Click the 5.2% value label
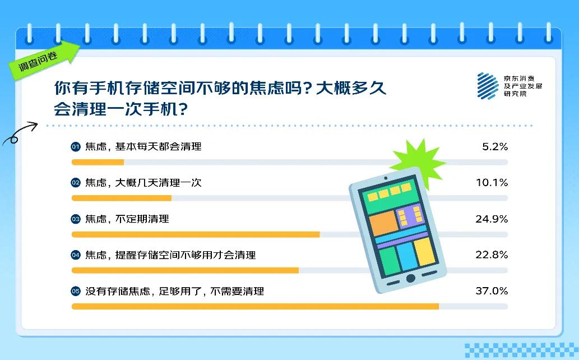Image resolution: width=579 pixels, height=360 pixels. (x=495, y=147)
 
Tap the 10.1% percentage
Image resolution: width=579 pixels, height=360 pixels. (x=492, y=183)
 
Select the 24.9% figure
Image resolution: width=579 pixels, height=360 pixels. (x=492, y=219)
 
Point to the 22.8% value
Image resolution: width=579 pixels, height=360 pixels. (x=492, y=255)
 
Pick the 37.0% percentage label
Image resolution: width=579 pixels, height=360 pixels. (x=492, y=291)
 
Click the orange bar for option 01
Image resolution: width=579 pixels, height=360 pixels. (x=98, y=162)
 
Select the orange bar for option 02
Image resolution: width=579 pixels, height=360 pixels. (x=122, y=198)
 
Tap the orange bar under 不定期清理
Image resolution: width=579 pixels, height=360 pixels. (x=196, y=234)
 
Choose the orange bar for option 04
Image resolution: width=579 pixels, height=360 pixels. (x=185, y=270)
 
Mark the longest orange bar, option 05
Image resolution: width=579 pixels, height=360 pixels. (x=255, y=306)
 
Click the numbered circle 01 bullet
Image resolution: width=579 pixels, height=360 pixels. (x=76, y=147)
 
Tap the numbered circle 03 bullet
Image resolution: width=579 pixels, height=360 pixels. (x=76, y=219)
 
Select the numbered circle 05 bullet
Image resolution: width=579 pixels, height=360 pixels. (x=76, y=291)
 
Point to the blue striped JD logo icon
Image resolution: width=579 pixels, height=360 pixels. (x=488, y=86)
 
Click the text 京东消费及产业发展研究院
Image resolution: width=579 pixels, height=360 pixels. (x=522, y=86)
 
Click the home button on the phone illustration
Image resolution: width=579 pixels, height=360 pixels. (x=411, y=278)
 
